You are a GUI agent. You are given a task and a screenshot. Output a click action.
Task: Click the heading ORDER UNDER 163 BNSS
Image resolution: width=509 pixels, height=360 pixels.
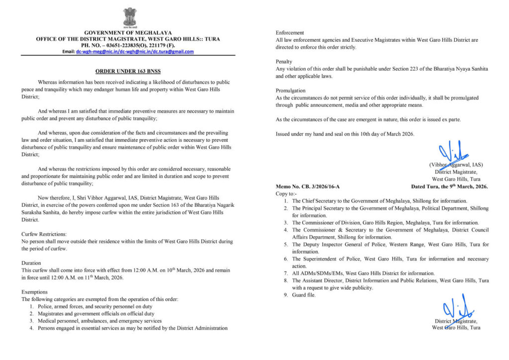click(x=128, y=71)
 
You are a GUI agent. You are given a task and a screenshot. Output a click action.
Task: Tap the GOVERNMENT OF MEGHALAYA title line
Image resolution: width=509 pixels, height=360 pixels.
click(x=128, y=32)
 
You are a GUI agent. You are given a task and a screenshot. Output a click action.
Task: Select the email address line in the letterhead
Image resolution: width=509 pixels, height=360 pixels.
click(x=128, y=51)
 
